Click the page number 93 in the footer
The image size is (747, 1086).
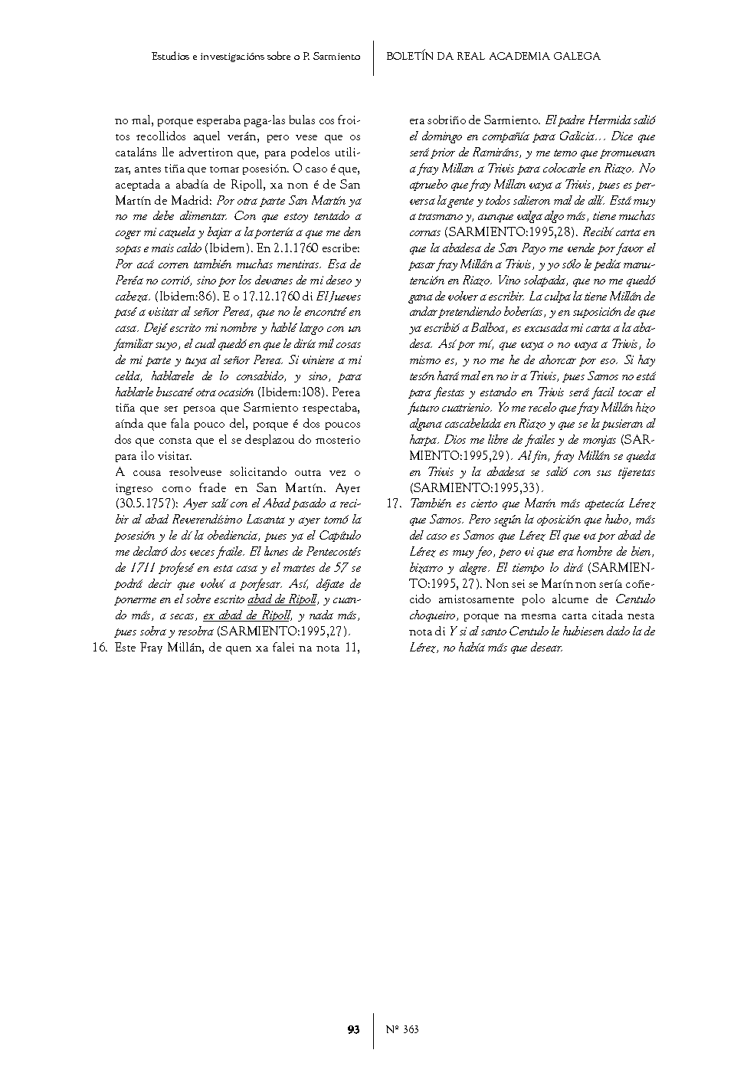pos(353,1029)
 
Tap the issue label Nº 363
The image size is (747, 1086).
pos(402,1029)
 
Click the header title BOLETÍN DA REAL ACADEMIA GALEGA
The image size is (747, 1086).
pos(493,56)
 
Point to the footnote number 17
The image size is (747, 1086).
pos(392,504)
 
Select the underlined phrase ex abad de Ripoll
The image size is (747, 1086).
pos(247,615)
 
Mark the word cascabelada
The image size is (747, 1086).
pos(475,424)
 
